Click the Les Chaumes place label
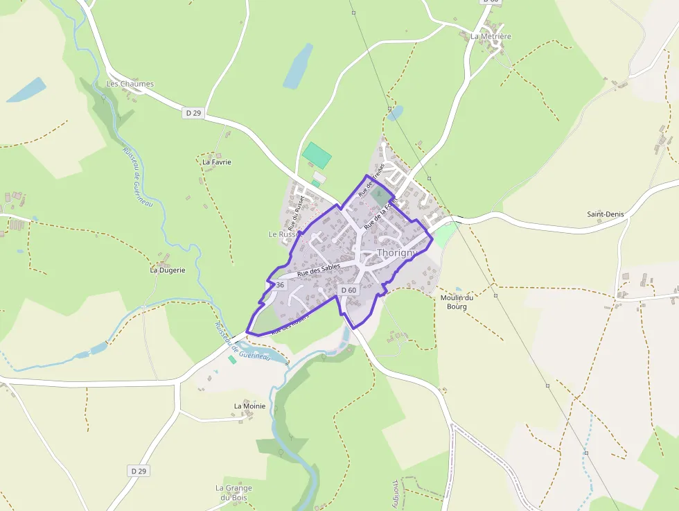(130, 84)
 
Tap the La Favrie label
(216, 162)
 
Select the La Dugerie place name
(168, 270)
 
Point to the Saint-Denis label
(605, 214)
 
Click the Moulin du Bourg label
(457, 302)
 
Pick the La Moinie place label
(249, 406)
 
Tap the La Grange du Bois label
(233, 492)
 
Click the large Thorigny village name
(396, 253)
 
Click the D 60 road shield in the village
(348, 290)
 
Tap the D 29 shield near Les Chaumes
(193, 112)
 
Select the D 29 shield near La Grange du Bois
(139, 471)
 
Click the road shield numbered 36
(279, 285)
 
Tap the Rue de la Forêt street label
(380, 213)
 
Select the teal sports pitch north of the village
(317, 154)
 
